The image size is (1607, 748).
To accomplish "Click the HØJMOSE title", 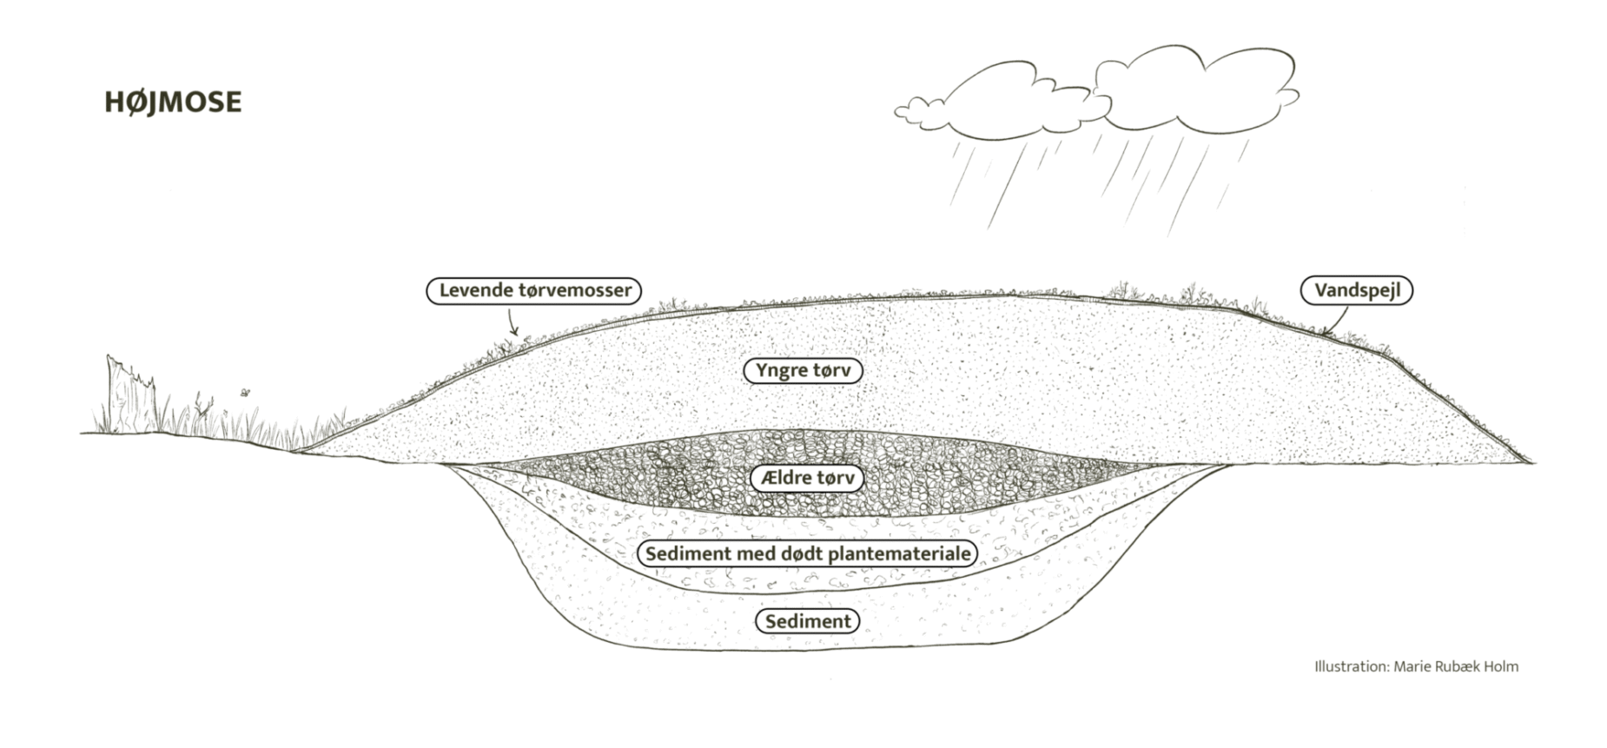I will (x=173, y=103).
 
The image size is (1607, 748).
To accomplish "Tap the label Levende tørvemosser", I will (x=534, y=290).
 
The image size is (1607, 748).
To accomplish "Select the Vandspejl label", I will (x=1356, y=290).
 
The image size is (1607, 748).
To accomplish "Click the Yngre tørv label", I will (x=803, y=370).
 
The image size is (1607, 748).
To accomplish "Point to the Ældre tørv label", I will (x=807, y=478).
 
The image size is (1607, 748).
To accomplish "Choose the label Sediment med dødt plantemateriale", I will (x=807, y=553).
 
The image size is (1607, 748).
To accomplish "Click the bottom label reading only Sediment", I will (x=808, y=621).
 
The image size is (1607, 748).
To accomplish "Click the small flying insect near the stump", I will (x=246, y=393).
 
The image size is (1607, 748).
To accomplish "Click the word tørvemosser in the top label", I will (x=575, y=290).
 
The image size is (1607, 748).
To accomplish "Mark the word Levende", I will (x=475, y=290).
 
